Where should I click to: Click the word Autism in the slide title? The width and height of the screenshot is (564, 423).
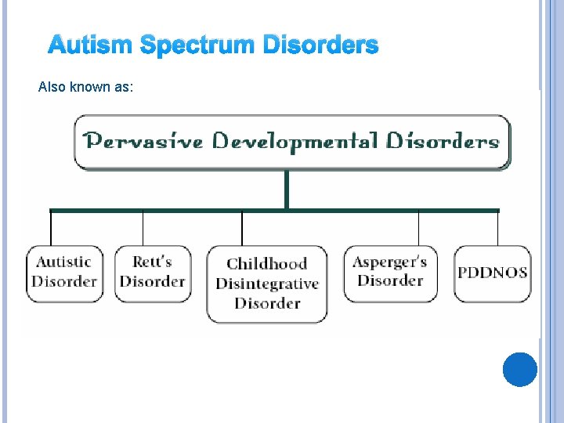[91, 46]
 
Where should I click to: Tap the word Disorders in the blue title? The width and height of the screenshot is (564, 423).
[320, 46]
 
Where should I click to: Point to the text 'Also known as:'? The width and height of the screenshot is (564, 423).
[86, 87]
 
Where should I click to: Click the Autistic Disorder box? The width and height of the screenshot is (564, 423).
[64, 272]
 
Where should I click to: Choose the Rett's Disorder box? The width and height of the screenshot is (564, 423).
[152, 272]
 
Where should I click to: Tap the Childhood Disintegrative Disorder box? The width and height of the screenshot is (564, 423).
[267, 283]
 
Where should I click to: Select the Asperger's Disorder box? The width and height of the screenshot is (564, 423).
[390, 272]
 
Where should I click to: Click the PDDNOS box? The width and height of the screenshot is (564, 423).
[492, 273]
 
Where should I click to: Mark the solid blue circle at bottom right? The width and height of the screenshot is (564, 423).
[520, 369]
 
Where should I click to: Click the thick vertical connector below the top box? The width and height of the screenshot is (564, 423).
[287, 190]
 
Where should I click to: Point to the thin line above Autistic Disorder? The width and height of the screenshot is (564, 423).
[52, 229]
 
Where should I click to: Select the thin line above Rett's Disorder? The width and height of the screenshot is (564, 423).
[143, 229]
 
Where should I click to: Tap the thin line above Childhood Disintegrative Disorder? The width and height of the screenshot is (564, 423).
[242, 229]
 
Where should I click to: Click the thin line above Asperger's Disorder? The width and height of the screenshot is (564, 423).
[418, 229]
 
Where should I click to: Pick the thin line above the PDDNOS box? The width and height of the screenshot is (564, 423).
[497, 229]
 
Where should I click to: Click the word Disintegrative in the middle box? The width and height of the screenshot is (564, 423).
[267, 284]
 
